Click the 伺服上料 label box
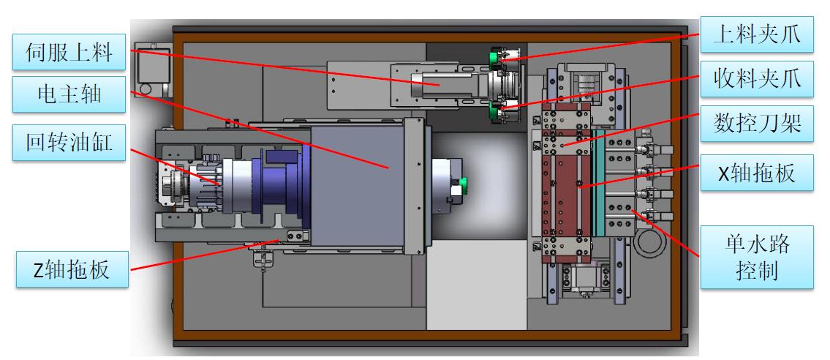pyautogui.click(x=69, y=52)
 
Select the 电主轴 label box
pyautogui.click(x=69, y=94)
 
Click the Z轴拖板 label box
pyautogui.click(x=72, y=269)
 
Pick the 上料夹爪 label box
pyautogui.click(x=757, y=34)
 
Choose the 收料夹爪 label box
pyautogui.click(x=757, y=79)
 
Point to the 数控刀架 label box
pyautogui.click(x=757, y=124)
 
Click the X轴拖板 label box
pyautogui.click(x=757, y=173)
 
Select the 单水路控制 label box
pyautogui.click(x=757, y=258)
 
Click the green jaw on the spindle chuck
pyautogui.click(x=464, y=183)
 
